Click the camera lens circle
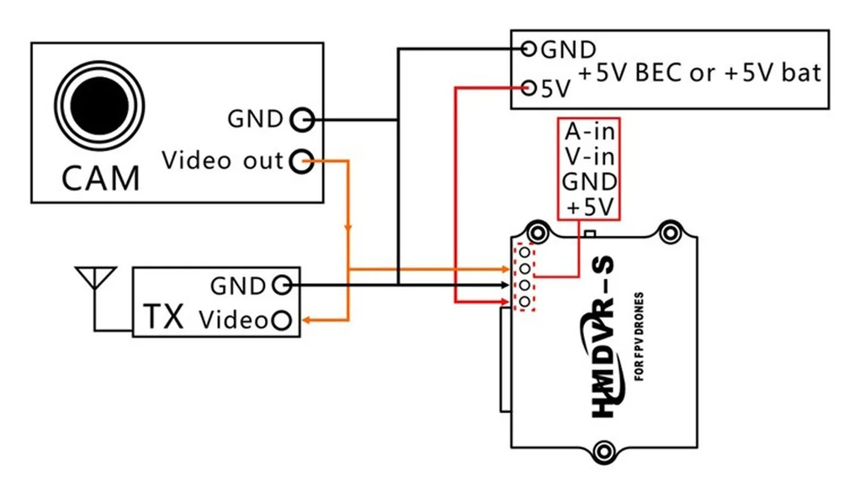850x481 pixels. pos(100,106)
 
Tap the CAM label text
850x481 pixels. pos(101,177)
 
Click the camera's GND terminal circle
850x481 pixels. pos(302,120)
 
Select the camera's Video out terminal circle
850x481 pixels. pos(302,161)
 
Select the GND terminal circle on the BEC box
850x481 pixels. pos(529,49)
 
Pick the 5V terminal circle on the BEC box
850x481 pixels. pos(529,89)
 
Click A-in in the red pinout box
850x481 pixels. pos(589,130)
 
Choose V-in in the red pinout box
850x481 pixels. pos(589,156)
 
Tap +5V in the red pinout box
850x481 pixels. pos(589,207)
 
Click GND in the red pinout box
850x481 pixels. pos(589,182)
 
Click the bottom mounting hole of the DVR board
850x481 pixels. pos(604,449)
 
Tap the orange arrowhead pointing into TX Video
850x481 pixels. pos(306,320)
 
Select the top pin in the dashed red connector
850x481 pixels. pos(524,253)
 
